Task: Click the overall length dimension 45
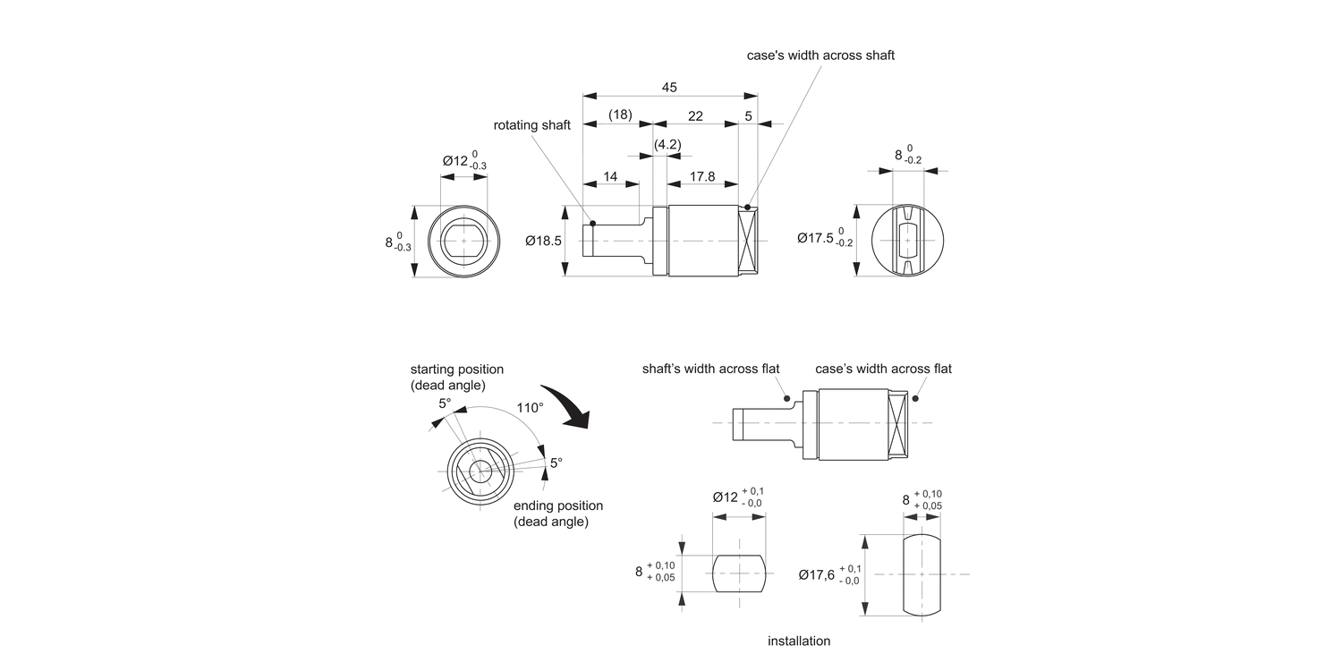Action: pyautogui.click(x=669, y=87)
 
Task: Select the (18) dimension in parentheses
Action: pyautogui.click(x=620, y=115)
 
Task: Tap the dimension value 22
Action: pyautogui.click(x=695, y=115)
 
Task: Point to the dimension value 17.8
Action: pyautogui.click(x=702, y=176)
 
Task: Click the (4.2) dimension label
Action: pyautogui.click(x=667, y=144)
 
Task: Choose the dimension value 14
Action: pyautogui.click(x=610, y=176)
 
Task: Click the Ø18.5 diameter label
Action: pyautogui.click(x=543, y=241)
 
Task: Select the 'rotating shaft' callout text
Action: pyautogui.click(x=531, y=125)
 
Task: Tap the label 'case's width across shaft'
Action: pyautogui.click(x=820, y=55)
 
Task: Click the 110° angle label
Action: pyautogui.click(x=530, y=407)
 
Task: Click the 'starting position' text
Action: pyautogui.click(x=456, y=369)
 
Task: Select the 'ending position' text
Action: pyautogui.click(x=557, y=505)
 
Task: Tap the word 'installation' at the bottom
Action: pyautogui.click(x=799, y=641)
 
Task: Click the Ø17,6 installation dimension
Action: pyautogui.click(x=817, y=575)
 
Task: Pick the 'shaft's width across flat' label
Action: pyautogui.click(x=710, y=369)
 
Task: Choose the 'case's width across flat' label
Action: pyautogui.click(x=883, y=369)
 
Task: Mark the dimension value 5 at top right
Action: pyautogui.click(x=748, y=115)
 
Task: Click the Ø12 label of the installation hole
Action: pyautogui.click(x=726, y=497)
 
